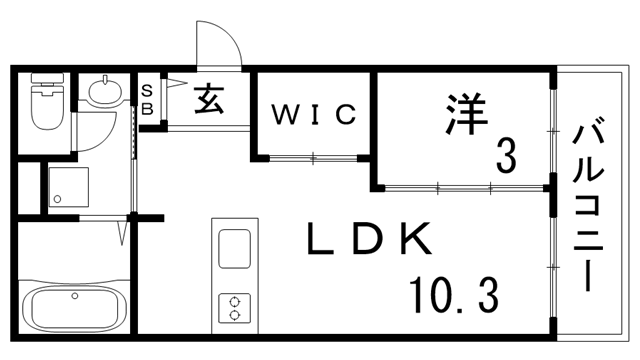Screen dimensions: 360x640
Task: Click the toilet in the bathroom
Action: [x=46, y=107]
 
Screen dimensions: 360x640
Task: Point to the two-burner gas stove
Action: [x=233, y=306]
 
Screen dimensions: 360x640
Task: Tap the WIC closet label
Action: [x=313, y=115]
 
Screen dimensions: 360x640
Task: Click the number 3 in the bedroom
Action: [x=506, y=155]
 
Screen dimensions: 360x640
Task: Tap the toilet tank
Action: [x=46, y=83]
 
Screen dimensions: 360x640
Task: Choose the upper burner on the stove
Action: [x=234, y=298]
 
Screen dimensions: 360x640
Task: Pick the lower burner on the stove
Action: [x=234, y=314]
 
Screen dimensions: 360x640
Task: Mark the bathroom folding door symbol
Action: [x=122, y=234]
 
